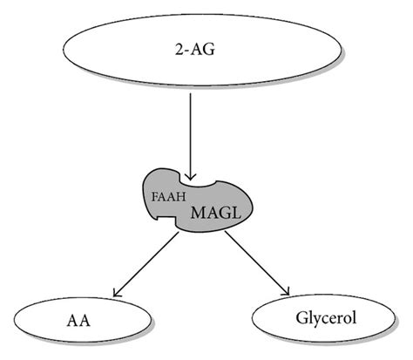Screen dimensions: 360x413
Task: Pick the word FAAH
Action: pos(162,195)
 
